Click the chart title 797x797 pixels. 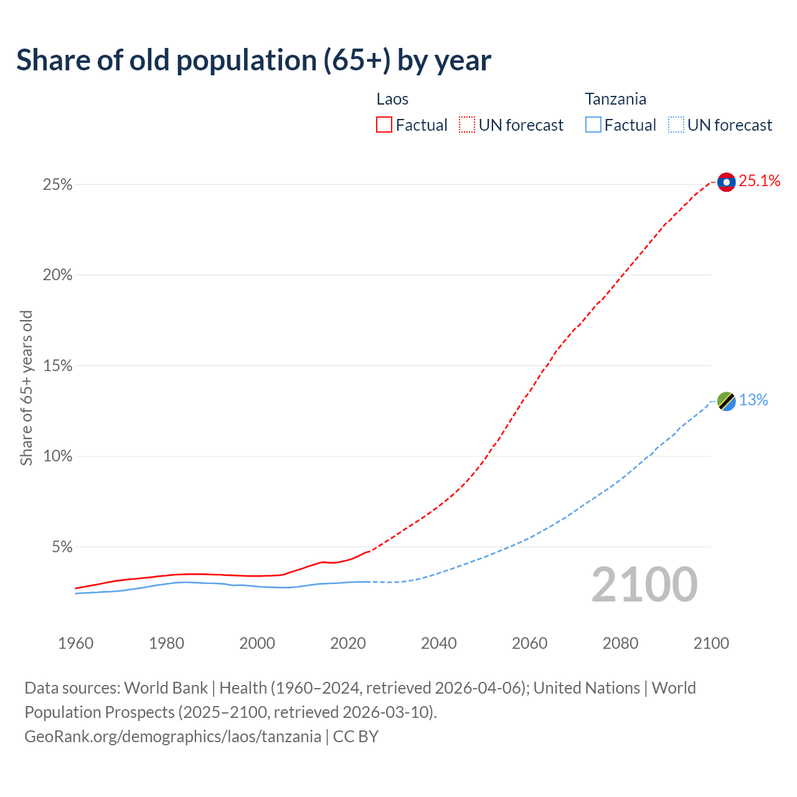(253, 60)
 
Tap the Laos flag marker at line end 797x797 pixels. (726, 182)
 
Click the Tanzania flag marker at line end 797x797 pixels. (726, 401)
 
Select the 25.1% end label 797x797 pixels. (759, 181)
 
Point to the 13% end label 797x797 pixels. (753, 400)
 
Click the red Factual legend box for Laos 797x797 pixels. (384, 125)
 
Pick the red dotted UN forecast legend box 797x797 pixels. (467, 125)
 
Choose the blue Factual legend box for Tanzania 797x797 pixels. (593, 125)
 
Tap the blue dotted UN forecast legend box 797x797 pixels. (676, 125)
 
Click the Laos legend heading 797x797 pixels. (392, 99)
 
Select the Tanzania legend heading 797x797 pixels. (615, 99)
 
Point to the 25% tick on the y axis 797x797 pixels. (57, 185)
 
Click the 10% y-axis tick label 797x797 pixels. (57, 456)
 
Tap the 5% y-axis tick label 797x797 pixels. (62, 547)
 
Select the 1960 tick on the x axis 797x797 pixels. (75, 643)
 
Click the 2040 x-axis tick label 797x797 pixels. (438, 643)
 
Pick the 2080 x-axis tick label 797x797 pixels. (620, 643)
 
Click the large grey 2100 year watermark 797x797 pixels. (644, 585)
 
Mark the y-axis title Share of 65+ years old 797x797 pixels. (26, 388)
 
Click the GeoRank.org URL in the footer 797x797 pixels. (172, 737)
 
